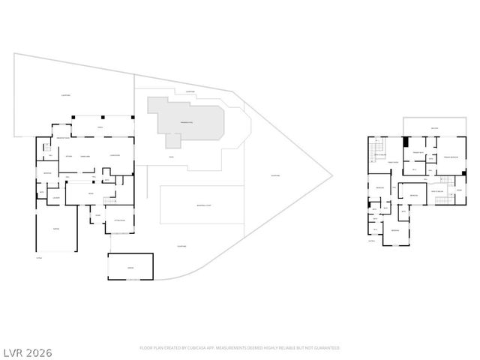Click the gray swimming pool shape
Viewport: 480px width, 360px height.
[186, 120]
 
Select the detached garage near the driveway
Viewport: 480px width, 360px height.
[130, 266]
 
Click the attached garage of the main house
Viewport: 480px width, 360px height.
[55, 229]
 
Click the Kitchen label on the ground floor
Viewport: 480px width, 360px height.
[68, 155]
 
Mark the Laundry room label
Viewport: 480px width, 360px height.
[56, 198]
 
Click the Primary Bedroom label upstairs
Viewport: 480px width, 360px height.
[450, 157]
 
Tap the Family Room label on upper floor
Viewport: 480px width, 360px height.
[391, 161]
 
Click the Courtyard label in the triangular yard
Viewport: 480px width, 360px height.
[274, 176]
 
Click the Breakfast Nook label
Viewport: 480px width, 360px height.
[63, 139]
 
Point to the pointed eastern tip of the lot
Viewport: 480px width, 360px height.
[331, 178]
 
